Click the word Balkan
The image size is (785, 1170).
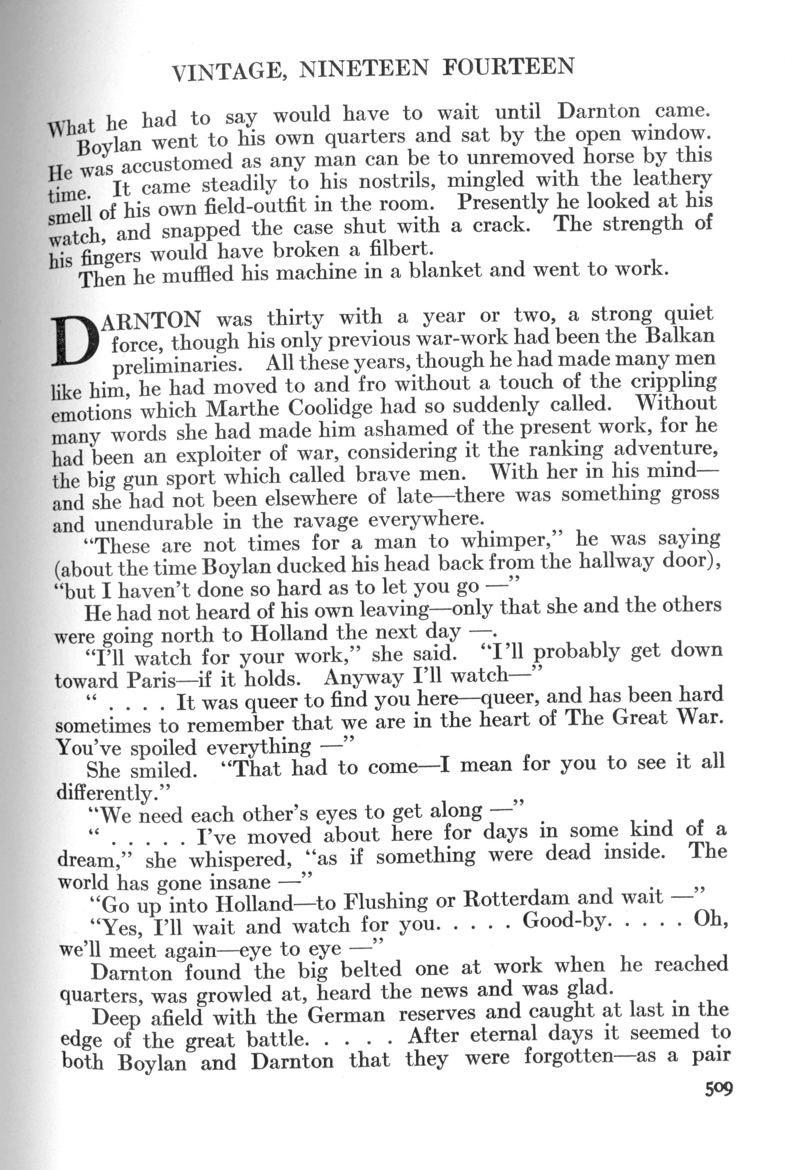tap(680, 334)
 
